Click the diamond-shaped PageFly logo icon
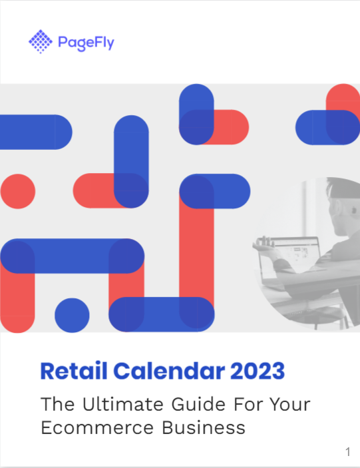click(40, 43)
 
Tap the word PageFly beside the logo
click(86, 43)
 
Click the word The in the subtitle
click(57, 403)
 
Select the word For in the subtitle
click(250, 403)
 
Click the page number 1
click(347, 453)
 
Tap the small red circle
click(18, 191)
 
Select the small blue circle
click(72, 316)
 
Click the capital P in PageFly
click(65, 43)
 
